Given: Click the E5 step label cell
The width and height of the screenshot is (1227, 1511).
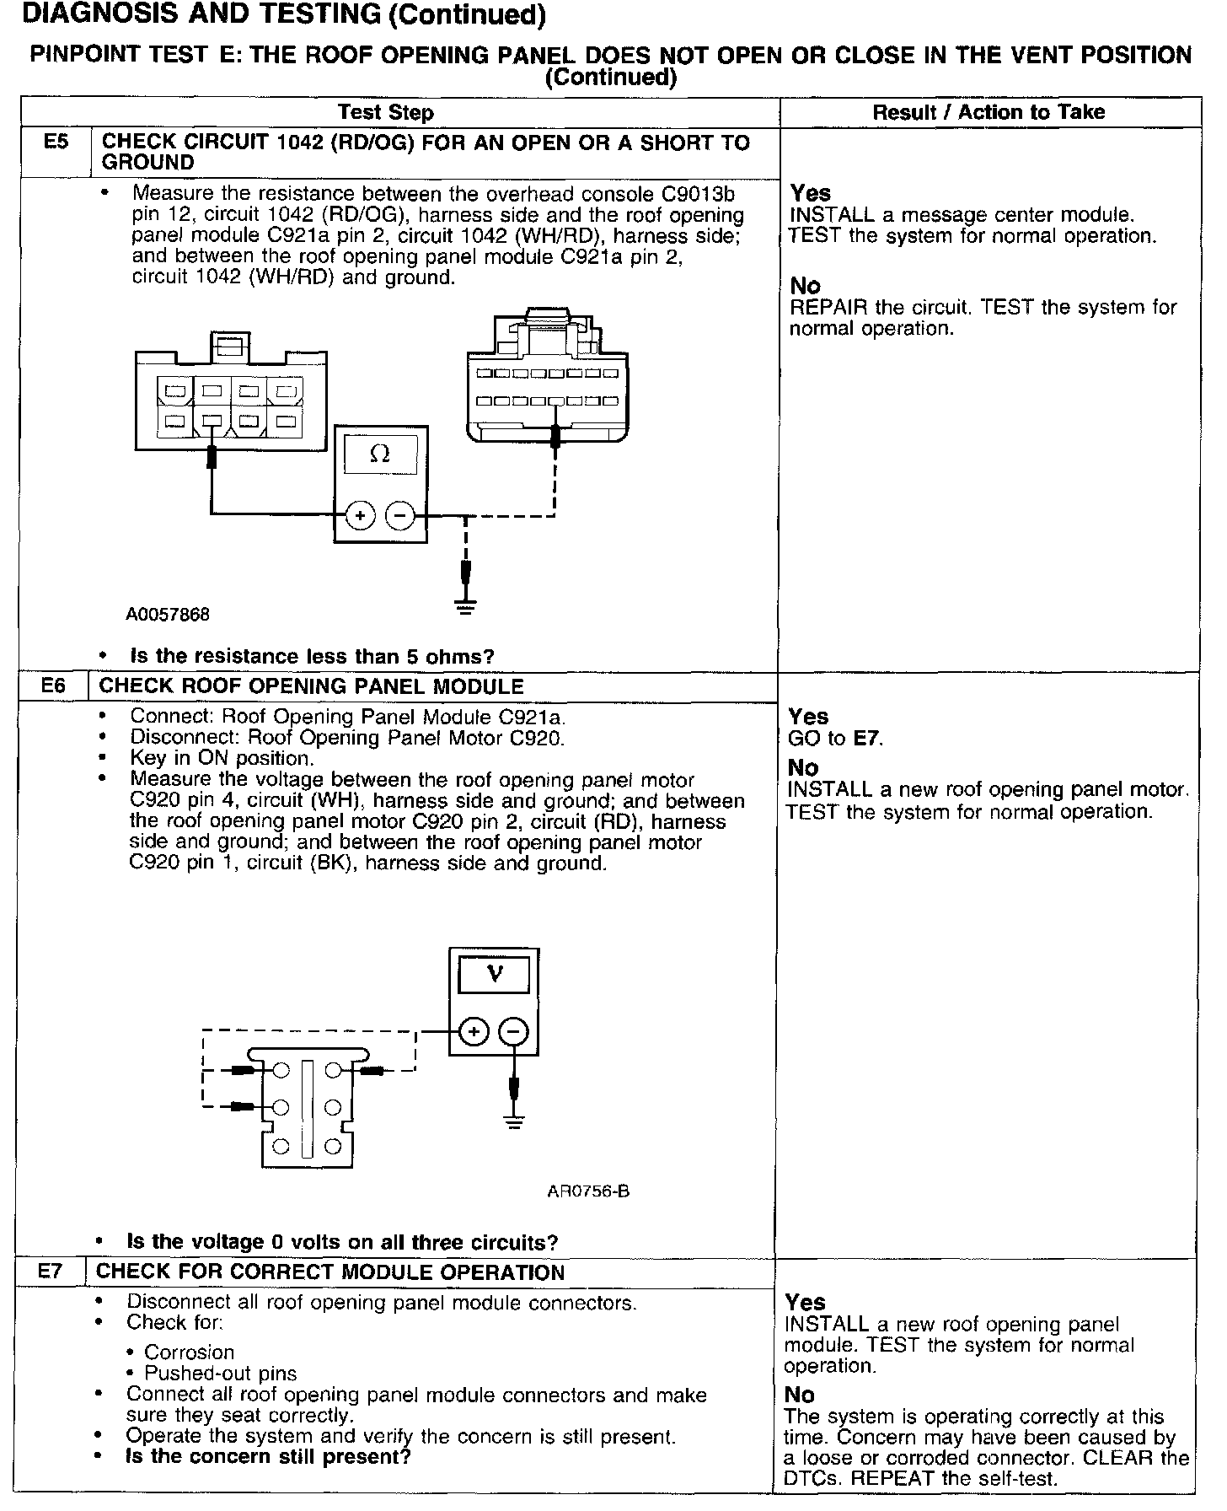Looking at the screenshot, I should click(x=55, y=142).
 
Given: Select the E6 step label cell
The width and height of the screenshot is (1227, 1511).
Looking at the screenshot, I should click(x=53, y=686).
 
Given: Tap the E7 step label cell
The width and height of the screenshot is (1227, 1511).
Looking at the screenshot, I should click(x=51, y=1272).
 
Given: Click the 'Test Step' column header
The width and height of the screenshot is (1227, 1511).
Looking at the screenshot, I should click(x=385, y=112).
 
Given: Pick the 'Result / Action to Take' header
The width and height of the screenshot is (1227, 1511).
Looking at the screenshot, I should click(x=989, y=112).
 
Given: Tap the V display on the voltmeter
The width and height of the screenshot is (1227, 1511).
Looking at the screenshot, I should click(x=494, y=975).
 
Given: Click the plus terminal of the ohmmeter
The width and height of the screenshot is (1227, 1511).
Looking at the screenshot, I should click(x=360, y=514).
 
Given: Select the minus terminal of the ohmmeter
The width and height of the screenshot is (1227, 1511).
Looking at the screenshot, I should click(x=400, y=514).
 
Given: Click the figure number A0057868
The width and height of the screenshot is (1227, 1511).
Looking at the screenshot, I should click(x=168, y=614).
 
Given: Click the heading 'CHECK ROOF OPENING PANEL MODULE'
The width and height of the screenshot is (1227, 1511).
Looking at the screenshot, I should click(x=312, y=686).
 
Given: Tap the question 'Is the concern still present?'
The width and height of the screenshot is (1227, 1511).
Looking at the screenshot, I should click(x=268, y=1456).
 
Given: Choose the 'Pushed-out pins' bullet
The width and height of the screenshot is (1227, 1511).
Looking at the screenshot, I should click(x=221, y=1374).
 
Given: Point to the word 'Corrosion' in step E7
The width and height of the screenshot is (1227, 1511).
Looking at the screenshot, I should click(x=190, y=1352).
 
